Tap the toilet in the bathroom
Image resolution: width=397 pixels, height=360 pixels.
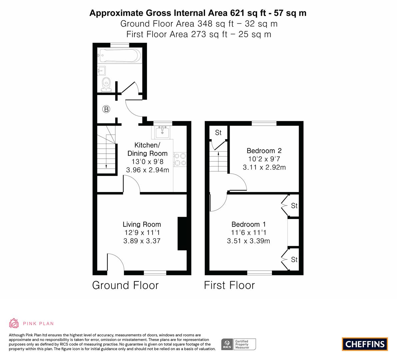(x=106, y=85)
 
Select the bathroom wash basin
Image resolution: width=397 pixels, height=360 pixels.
(x=101, y=71)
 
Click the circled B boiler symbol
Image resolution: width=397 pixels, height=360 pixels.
(x=106, y=109)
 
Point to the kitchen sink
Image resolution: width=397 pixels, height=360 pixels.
(x=162, y=132)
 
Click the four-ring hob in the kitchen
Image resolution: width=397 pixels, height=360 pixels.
(x=180, y=159)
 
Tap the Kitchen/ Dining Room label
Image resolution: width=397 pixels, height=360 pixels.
(x=147, y=149)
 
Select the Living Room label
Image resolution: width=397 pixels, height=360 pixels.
(x=142, y=224)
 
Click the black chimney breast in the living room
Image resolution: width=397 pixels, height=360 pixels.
(x=182, y=233)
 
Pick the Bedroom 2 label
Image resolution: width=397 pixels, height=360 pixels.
(x=264, y=151)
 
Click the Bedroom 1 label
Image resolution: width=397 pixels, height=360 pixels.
(x=249, y=224)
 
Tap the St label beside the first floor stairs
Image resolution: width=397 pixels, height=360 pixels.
(x=218, y=132)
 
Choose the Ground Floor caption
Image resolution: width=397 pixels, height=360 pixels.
(x=125, y=285)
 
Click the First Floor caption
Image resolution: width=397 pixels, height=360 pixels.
(x=229, y=285)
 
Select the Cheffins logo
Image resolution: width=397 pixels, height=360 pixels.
(x=365, y=344)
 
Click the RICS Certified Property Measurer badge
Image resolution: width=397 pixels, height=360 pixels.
(x=239, y=344)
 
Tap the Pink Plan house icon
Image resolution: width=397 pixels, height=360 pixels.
(x=14, y=323)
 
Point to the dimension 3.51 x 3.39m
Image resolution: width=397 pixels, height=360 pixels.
(x=249, y=241)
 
